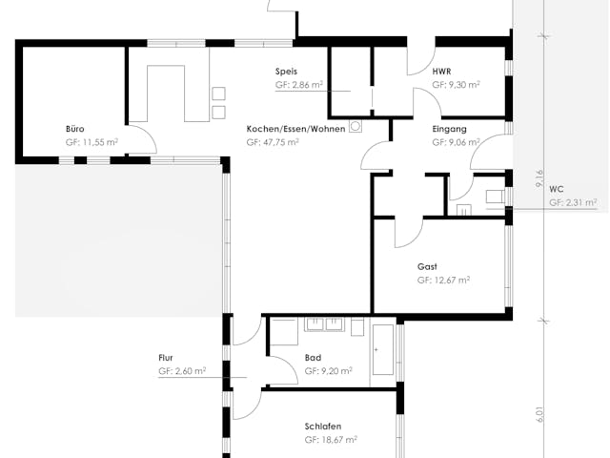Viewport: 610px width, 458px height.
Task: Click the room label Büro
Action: (x=75, y=128)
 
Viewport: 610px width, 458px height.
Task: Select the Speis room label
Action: (x=287, y=72)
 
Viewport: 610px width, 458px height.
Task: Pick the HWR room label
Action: (x=441, y=72)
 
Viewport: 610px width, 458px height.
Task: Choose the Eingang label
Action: (x=449, y=128)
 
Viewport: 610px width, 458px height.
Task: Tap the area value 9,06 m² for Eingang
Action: (x=461, y=141)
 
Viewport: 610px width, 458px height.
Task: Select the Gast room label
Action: (x=428, y=266)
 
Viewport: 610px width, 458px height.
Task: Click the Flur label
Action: (x=166, y=358)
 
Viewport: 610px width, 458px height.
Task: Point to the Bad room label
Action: (x=313, y=358)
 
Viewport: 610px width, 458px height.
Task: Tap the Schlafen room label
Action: (x=323, y=427)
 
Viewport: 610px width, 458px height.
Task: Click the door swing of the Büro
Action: (x=143, y=139)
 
